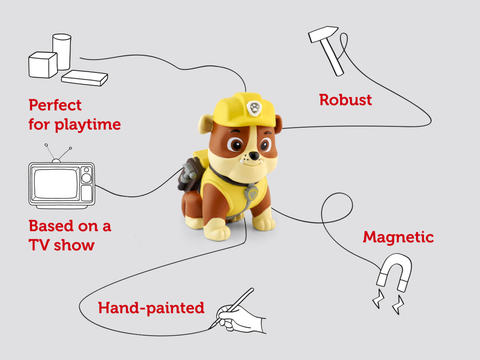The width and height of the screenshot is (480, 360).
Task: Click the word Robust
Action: [x=346, y=100]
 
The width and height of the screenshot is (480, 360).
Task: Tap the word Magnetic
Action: [x=398, y=237]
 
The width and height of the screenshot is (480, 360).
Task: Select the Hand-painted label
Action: [x=151, y=307]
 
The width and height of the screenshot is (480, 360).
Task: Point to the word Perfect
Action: [x=56, y=104]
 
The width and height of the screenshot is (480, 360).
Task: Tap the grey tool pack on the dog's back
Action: [x=189, y=180]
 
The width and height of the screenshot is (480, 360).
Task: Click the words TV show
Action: [x=64, y=244]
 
